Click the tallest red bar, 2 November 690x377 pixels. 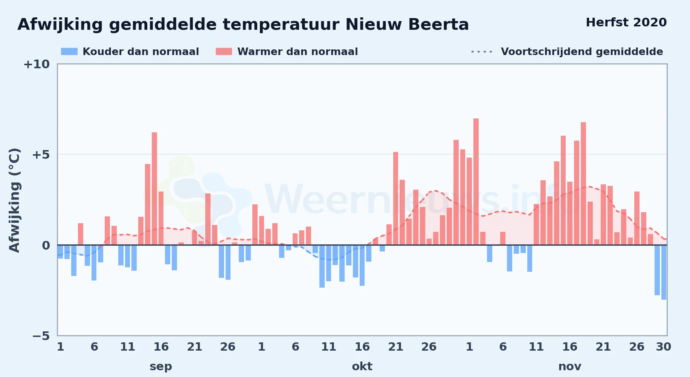(x=476, y=182)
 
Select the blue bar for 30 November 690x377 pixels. (x=664, y=272)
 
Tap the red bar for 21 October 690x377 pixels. (x=395, y=198)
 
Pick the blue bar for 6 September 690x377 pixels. (x=94, y=263)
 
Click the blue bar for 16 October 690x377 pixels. (x=362, y=265)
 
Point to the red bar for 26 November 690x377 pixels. (x=637, y=218)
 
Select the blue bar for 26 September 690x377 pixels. (x=228, y=262)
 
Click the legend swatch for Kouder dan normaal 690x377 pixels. (x=69, y=52)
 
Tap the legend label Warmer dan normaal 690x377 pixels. (x=298, y=52)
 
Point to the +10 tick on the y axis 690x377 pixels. (x=37, y=64)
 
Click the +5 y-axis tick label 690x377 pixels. (x=41, y=155)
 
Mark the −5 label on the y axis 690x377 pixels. (x=41, y=336)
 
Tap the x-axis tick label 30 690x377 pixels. (x=664, y=347)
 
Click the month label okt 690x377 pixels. (x=362, y=366)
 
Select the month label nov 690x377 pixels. (x=570, y=366)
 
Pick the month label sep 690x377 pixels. (x=161, y=366)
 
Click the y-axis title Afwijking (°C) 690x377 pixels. (x=14, y=200)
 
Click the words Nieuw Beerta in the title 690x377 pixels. (x=407, y=25)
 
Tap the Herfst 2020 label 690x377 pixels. (x=626, y=22)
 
